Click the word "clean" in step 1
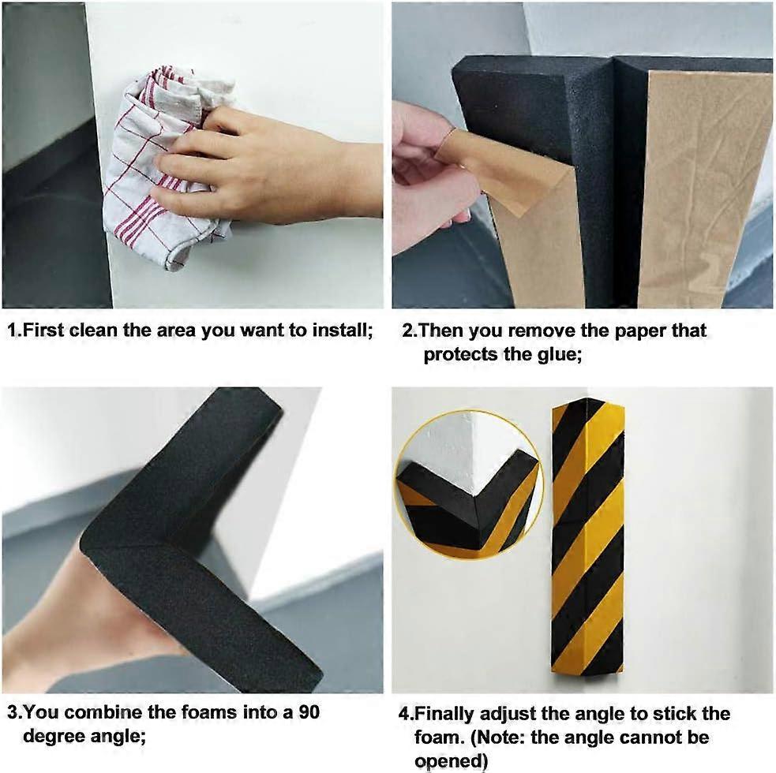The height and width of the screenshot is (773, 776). [x=96, y=330]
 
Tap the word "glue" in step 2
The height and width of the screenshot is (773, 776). [x=557, y=354]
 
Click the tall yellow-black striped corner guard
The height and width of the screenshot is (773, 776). [x=587, y=536]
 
